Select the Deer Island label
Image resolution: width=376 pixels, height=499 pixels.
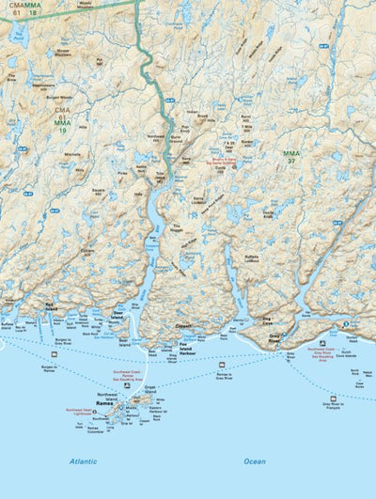(x=118, y=317)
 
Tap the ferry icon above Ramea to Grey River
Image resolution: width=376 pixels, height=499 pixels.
(x=222, y=364)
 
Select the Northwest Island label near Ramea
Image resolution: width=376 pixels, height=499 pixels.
(x=109, y=395)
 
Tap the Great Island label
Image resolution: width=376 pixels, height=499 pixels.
(x=150, y=388)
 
